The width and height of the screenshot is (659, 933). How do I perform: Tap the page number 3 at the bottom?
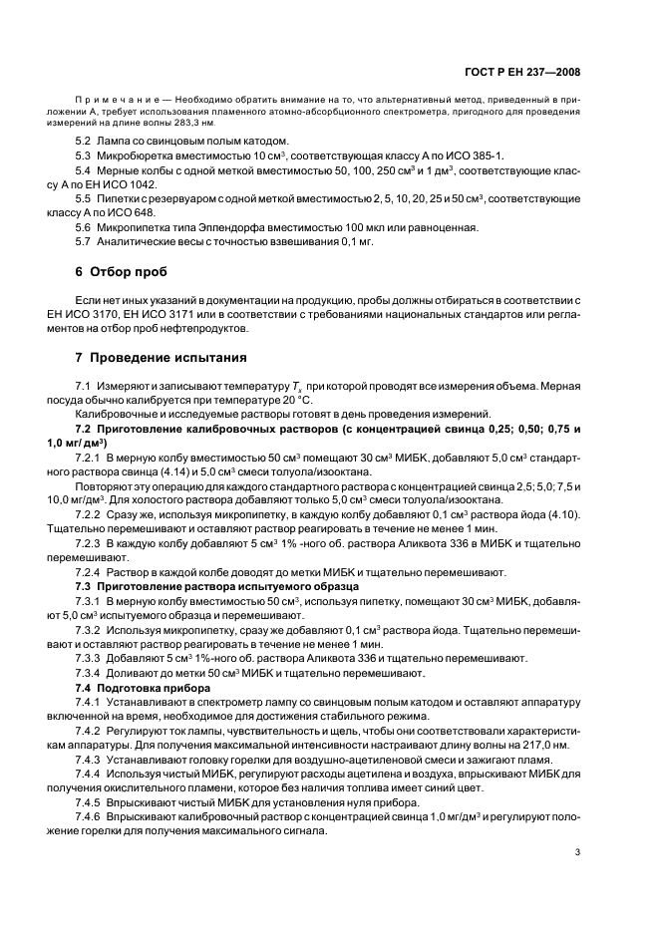(578, 851)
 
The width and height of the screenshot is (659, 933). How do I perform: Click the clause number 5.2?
(84, 142)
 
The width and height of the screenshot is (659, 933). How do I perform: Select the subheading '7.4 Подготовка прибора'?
(143, 689)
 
